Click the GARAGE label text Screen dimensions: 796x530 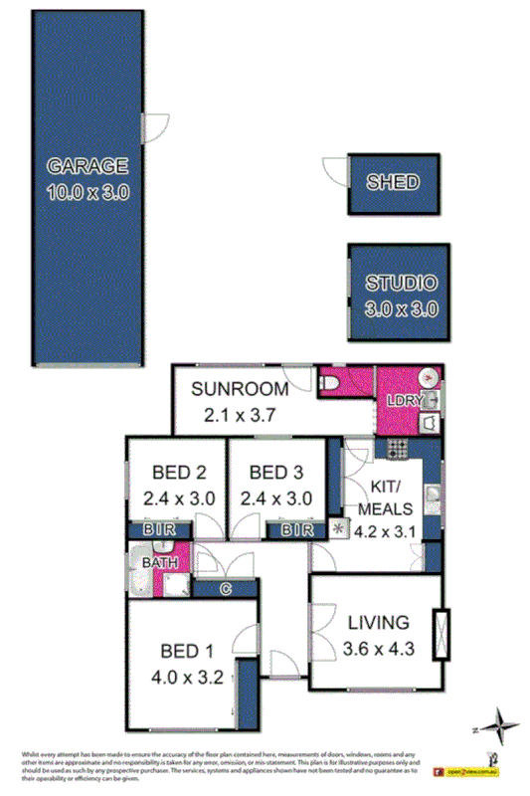point(88,166)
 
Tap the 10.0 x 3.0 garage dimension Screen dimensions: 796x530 point(88,192)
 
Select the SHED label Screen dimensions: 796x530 point(393,183)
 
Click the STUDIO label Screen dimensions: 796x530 point(394,283)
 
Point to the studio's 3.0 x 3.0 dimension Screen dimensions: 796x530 point(394,308)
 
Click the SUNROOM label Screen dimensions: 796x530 point(241,389)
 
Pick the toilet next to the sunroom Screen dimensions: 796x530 point(330,383)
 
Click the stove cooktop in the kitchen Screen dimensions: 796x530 point(399,450)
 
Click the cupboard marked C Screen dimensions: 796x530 point(225,589)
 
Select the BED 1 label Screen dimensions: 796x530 point(187,653)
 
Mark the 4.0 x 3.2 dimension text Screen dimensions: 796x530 point(187,682)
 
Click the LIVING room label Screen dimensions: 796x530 point(378,624)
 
